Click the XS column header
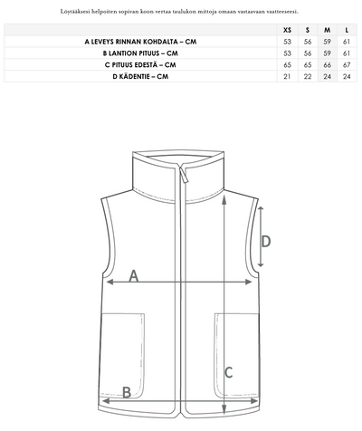[x=288, y=30]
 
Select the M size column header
[x=328, y=30]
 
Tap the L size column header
[x=347, y=30]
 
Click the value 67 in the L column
[x=347, y=65]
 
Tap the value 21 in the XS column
[x=287, y=77]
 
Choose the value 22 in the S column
[x=308, y=77]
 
